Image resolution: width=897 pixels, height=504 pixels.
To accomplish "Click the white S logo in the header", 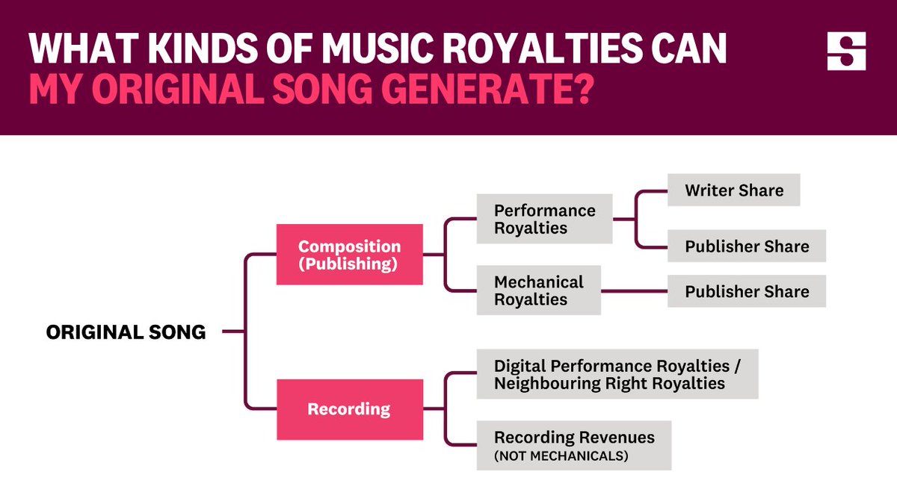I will (x=846, y=52).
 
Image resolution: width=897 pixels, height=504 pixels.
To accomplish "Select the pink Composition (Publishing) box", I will (x=349, y=255).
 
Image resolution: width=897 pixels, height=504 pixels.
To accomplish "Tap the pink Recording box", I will (x=349, y=409).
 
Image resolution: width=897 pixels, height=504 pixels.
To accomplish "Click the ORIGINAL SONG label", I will (x=126, y=332).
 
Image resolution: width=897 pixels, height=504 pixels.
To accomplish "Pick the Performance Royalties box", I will (x=544, y=220).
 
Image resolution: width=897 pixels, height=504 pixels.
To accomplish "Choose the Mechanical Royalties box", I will (x=538, y=291).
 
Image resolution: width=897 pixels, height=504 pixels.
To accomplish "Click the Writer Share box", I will (x=733, y=190).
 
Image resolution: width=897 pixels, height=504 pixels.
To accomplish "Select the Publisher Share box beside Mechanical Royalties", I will (x=746, y=291).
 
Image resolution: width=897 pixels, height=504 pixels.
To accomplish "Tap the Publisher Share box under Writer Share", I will (x=746, y=246).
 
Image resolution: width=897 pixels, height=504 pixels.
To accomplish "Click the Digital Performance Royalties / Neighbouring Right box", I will (x=617, y=374).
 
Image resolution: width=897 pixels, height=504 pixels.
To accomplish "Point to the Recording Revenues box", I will (x=573, y=446).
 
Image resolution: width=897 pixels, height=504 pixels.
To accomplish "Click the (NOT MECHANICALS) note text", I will (x=561, y=456).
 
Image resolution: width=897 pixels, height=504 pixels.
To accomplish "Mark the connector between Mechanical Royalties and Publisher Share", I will (x=634, y=291).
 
